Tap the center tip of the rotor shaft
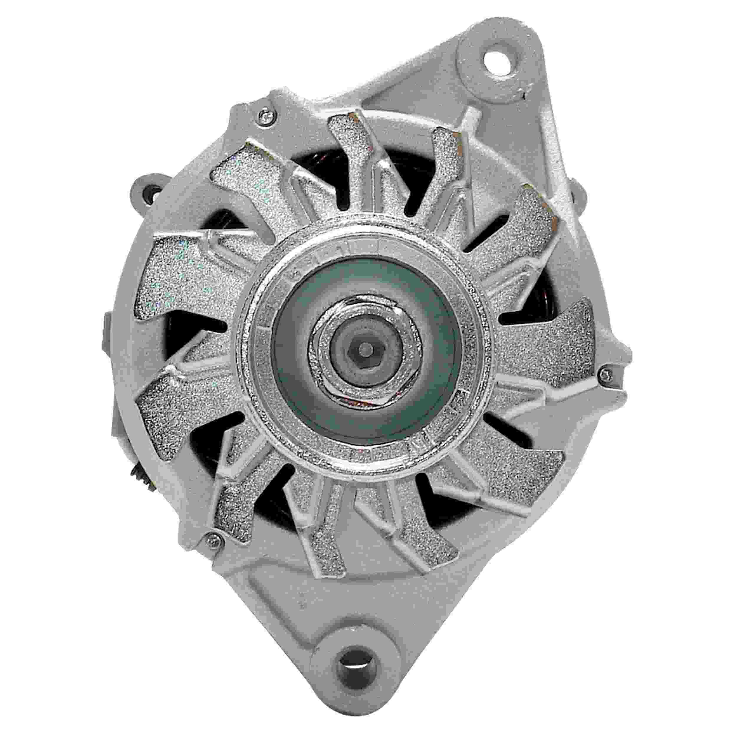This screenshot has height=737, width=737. [366, 347]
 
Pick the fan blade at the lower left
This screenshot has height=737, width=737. [179, 423]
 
